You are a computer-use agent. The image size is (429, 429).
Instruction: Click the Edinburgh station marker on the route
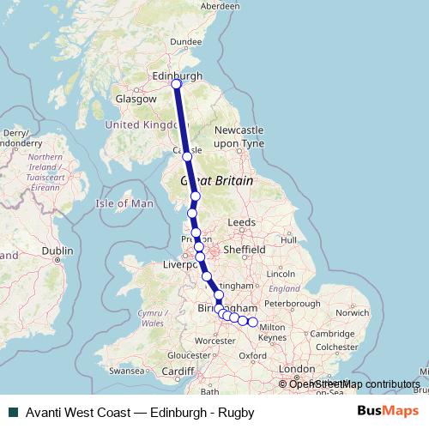click(x=176, y=84)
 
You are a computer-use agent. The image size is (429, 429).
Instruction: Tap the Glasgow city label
click(x=137, y=100)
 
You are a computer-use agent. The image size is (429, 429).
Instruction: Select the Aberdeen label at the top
click(x=220, y=5)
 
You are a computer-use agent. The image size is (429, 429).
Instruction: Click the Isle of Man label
click(x=124, y=203)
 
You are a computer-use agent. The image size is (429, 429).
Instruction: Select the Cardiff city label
click(x=178, y=371)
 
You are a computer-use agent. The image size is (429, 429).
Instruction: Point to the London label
click(x=296, y=369)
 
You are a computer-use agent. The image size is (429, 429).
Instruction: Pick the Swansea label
click(x=127, y=372)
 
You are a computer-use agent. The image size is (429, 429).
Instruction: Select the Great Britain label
click(x=216, y=181)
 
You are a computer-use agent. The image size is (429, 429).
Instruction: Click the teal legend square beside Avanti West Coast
click(x=11, y=413)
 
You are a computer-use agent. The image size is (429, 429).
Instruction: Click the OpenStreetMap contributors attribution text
click(x=353, y=384)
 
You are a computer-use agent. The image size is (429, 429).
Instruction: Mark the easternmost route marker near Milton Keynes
click(x=253, y=323)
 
